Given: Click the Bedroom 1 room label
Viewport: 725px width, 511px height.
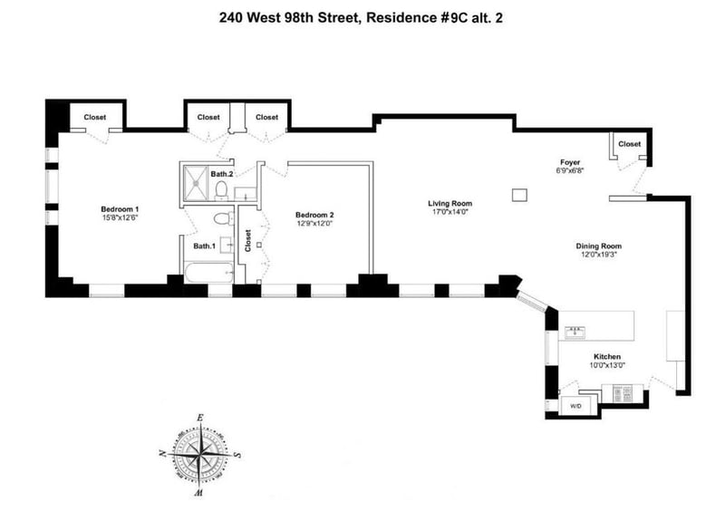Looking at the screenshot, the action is point(120,209).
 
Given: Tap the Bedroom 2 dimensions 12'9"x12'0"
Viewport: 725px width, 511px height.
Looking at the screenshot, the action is point(314,223).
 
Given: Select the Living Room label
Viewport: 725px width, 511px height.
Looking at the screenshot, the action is point(449,203).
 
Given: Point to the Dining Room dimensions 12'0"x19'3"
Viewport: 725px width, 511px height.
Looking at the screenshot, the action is point(599,254).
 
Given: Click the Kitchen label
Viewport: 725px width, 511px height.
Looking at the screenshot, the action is point(607,357).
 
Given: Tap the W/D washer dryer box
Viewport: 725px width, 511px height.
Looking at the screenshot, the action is point(575,406).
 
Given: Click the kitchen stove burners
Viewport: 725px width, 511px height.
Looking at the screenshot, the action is point(622,393).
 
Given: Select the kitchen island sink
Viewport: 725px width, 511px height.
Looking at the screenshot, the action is point(575,332).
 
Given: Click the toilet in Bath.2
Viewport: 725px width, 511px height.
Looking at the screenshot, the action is point(221,189).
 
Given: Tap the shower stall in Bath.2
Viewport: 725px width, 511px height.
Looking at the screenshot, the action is point(196,184).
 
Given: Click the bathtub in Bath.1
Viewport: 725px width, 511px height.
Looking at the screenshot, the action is point(209,273).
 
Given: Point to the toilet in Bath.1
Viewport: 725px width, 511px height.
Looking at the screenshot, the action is point(224,217).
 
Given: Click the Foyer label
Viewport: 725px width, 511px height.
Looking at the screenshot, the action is point(570,162).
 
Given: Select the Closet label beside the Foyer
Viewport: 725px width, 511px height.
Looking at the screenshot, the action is point(629,144).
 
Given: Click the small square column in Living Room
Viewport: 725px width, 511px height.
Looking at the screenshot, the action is point(519,195).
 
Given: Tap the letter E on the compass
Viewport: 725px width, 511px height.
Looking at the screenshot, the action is point(199,418).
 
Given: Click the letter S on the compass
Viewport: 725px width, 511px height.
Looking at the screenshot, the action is point(237,455).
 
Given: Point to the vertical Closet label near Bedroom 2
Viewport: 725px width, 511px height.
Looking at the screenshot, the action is point(247,240).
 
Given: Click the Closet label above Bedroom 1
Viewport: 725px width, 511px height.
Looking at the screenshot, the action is point(95,117).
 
